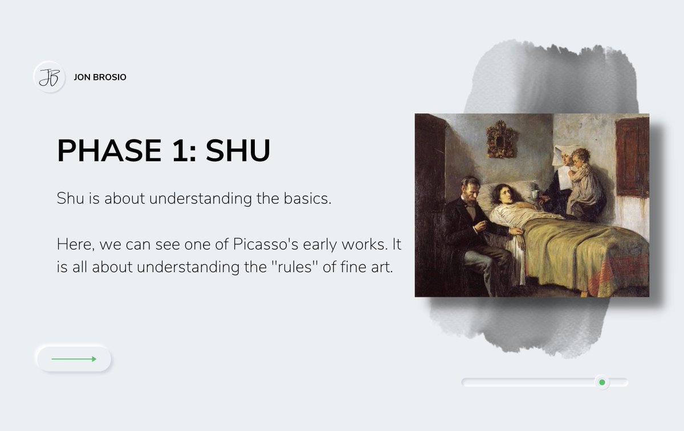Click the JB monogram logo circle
click(49, 77)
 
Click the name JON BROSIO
click(100, 77)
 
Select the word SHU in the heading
click(238, 150)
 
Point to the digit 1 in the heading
click(181, 150)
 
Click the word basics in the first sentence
click(304, 199)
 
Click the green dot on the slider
click(601, 382)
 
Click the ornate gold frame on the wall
click(502, 138)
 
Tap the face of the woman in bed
click(503, 195)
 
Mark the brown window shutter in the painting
click(632, 157)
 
